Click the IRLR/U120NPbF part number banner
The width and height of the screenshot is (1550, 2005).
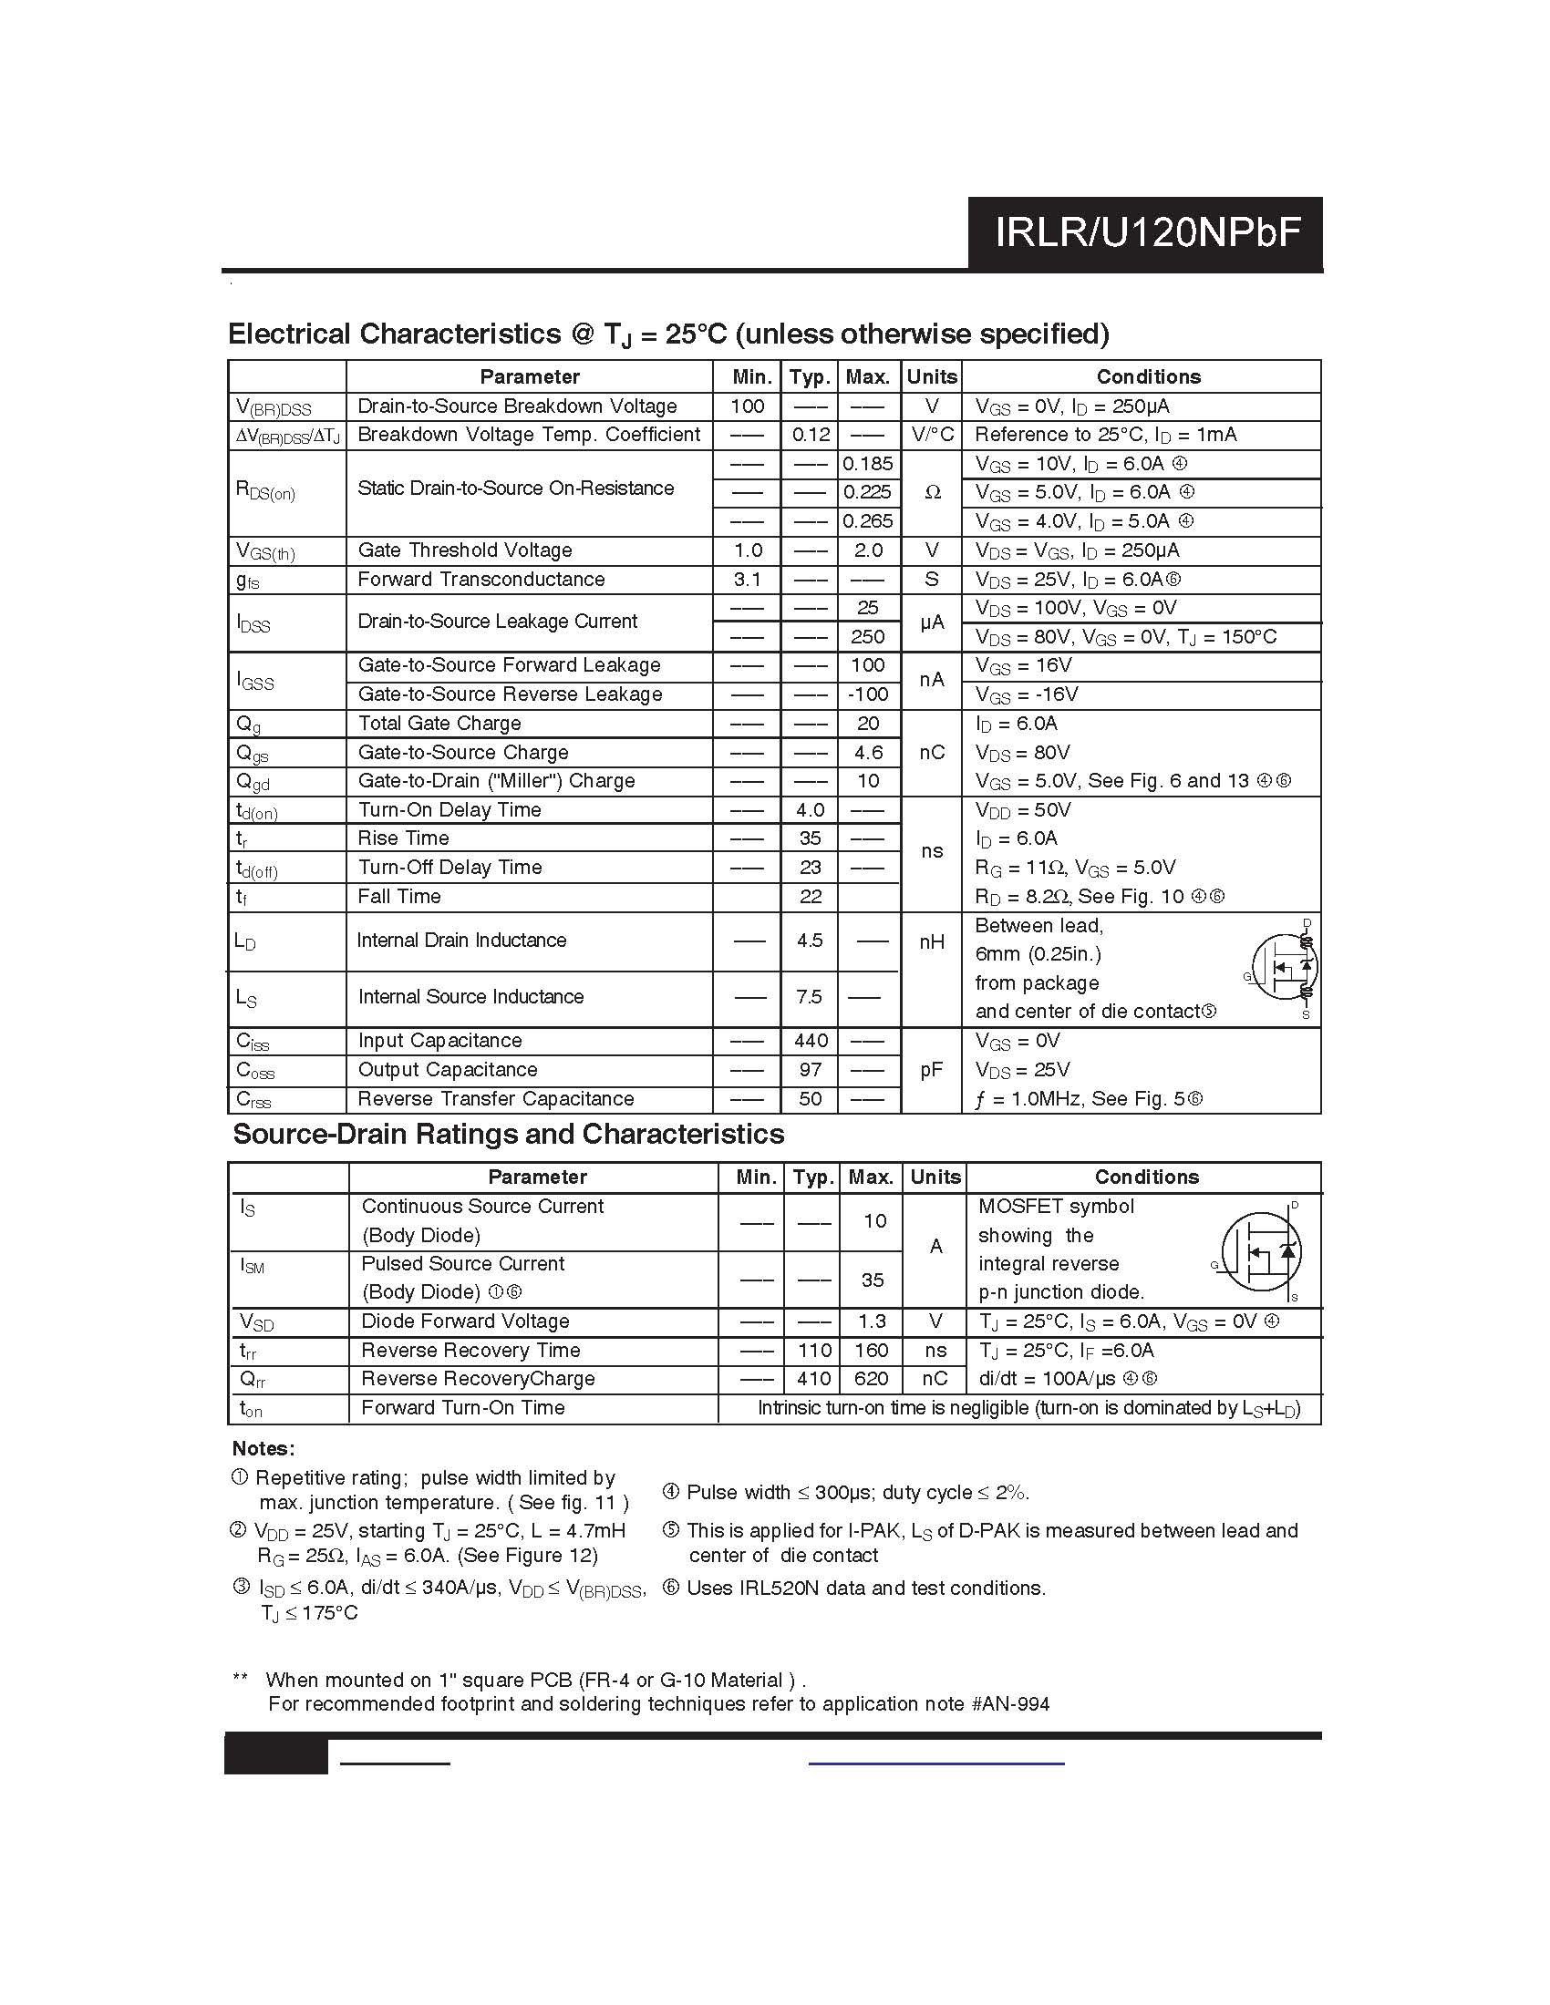coord(1146,233)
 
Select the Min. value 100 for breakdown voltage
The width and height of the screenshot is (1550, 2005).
coord(748,406)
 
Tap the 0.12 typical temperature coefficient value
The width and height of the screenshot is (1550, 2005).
coord(810,434)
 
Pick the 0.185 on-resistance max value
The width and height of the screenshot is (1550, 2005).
coord(868,464)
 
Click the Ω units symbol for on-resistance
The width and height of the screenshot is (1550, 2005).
coord(932,492)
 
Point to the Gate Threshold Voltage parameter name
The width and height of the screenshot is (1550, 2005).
coord(465,550)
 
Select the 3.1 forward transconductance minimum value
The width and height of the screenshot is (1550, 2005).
coord(748,580)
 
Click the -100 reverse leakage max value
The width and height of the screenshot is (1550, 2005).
coord(868,694)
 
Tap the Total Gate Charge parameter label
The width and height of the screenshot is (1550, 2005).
coord(439,724)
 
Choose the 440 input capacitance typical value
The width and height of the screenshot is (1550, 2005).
coord(810,1040)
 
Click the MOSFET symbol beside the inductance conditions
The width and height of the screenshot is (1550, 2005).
coord(1284,969)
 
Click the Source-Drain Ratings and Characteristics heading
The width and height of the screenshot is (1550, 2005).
coord(509,1134)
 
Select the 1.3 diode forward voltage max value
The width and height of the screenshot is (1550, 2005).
coord(872,1321)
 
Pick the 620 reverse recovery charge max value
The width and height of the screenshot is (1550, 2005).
coord(872,1378)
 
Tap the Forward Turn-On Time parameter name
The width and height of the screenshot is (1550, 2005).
coord(463,1407)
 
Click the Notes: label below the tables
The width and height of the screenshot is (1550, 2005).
coord(263,1448)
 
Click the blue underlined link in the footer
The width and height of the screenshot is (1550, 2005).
coord(935,1763)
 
